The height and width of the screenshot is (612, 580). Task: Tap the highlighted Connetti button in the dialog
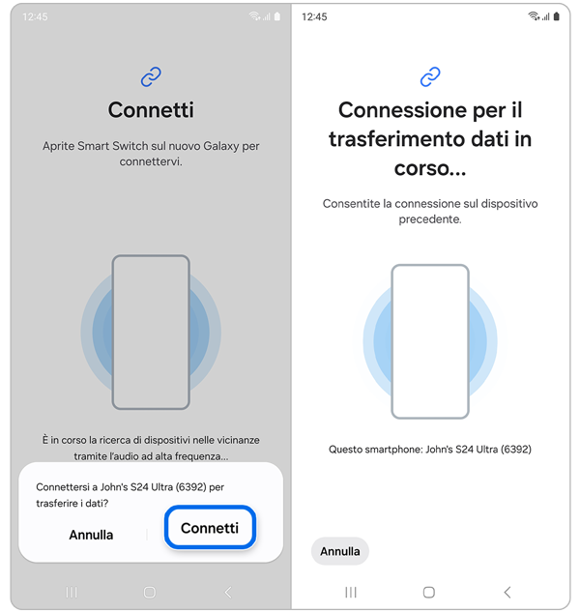[x=209, y=528]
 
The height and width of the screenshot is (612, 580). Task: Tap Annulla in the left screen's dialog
[x=91, y=535]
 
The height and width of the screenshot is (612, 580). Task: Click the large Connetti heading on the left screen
[x=151, y=110]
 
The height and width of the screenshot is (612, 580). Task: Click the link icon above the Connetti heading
[x=151, y=75]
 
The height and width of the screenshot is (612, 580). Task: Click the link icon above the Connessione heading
[x=430, y=75]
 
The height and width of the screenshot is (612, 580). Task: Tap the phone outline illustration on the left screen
[x=151, y=332]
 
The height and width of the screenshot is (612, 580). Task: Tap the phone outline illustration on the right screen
[x=430, y=340]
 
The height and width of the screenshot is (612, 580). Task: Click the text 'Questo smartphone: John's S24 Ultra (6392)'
[x=430, y=450]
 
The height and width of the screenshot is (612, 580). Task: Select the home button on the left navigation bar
[x=149, y=592]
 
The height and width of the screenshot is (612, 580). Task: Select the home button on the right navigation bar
[x=429, y=592]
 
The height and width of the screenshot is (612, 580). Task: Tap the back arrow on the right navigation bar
[x=507, y=592]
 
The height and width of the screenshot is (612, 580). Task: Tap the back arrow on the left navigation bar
[x=227, y=592]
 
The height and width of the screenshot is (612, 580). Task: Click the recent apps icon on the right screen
[x=351, y=592]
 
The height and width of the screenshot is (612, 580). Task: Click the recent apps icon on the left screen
[x=72, y=592]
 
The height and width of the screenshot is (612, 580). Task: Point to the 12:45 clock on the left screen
[x=36, y=17]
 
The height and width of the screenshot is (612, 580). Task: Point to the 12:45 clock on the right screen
[x=315, y=17]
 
